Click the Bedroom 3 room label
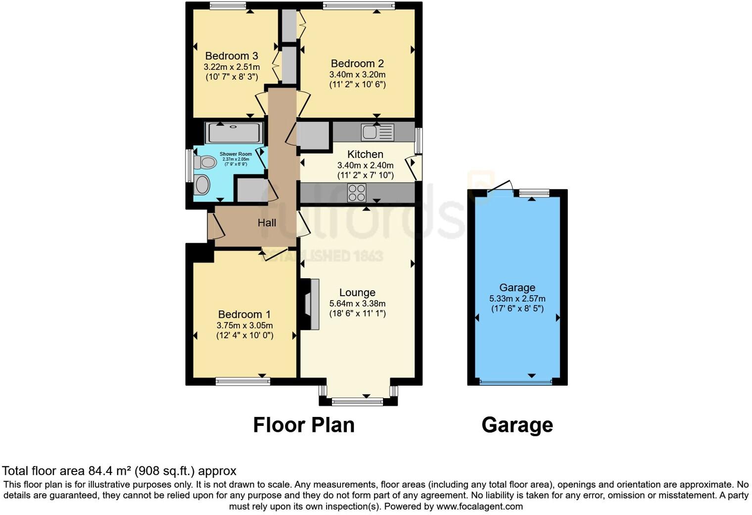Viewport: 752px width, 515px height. [232, 56]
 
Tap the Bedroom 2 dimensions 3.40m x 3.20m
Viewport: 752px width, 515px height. [357, 74]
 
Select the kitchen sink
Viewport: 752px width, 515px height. [377, 132]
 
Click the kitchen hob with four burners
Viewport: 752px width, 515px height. [357, 193]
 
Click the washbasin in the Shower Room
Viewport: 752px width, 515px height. [202, 185]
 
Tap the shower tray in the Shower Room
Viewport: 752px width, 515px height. [234, 133]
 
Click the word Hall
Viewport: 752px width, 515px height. [267, 223]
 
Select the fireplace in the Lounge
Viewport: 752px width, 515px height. [310, 304]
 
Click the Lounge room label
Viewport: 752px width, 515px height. [357, 293]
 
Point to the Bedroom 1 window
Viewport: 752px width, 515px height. [243, 381]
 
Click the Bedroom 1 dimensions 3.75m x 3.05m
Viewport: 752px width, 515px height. [244, 325]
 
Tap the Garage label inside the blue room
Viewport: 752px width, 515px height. [517, 288]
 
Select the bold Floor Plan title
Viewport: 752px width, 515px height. [304, 425]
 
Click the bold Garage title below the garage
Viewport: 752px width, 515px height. [517, 425]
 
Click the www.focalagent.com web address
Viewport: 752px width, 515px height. [479, 507]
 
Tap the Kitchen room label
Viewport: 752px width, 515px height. [365, 154]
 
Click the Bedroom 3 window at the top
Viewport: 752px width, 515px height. [228, 6]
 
